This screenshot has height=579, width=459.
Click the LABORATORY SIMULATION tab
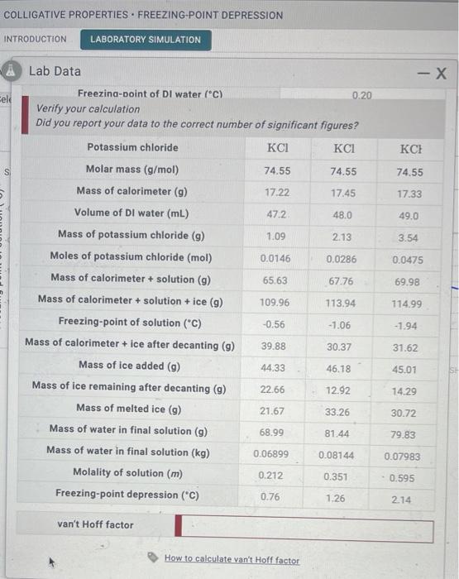click(x=146, y=39)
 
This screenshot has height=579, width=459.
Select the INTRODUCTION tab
click(x=36, y=39)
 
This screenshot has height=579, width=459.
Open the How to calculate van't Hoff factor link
click(x=232, y=560)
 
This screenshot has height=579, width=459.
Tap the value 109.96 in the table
click(x=275, y=303)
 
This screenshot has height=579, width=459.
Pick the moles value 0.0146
click(x=275, y=259)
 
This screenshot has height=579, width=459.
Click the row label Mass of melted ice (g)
click(x=128, y=409)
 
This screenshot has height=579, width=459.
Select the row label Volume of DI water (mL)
click(x=131, y=213)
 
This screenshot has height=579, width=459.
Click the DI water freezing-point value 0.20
click(x=361, y=95)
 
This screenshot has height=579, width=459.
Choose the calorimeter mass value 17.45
click(x=342, y=193)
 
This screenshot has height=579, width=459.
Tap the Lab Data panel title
click(x=55, y=71)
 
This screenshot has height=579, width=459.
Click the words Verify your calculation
click(x=88, y=109)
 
